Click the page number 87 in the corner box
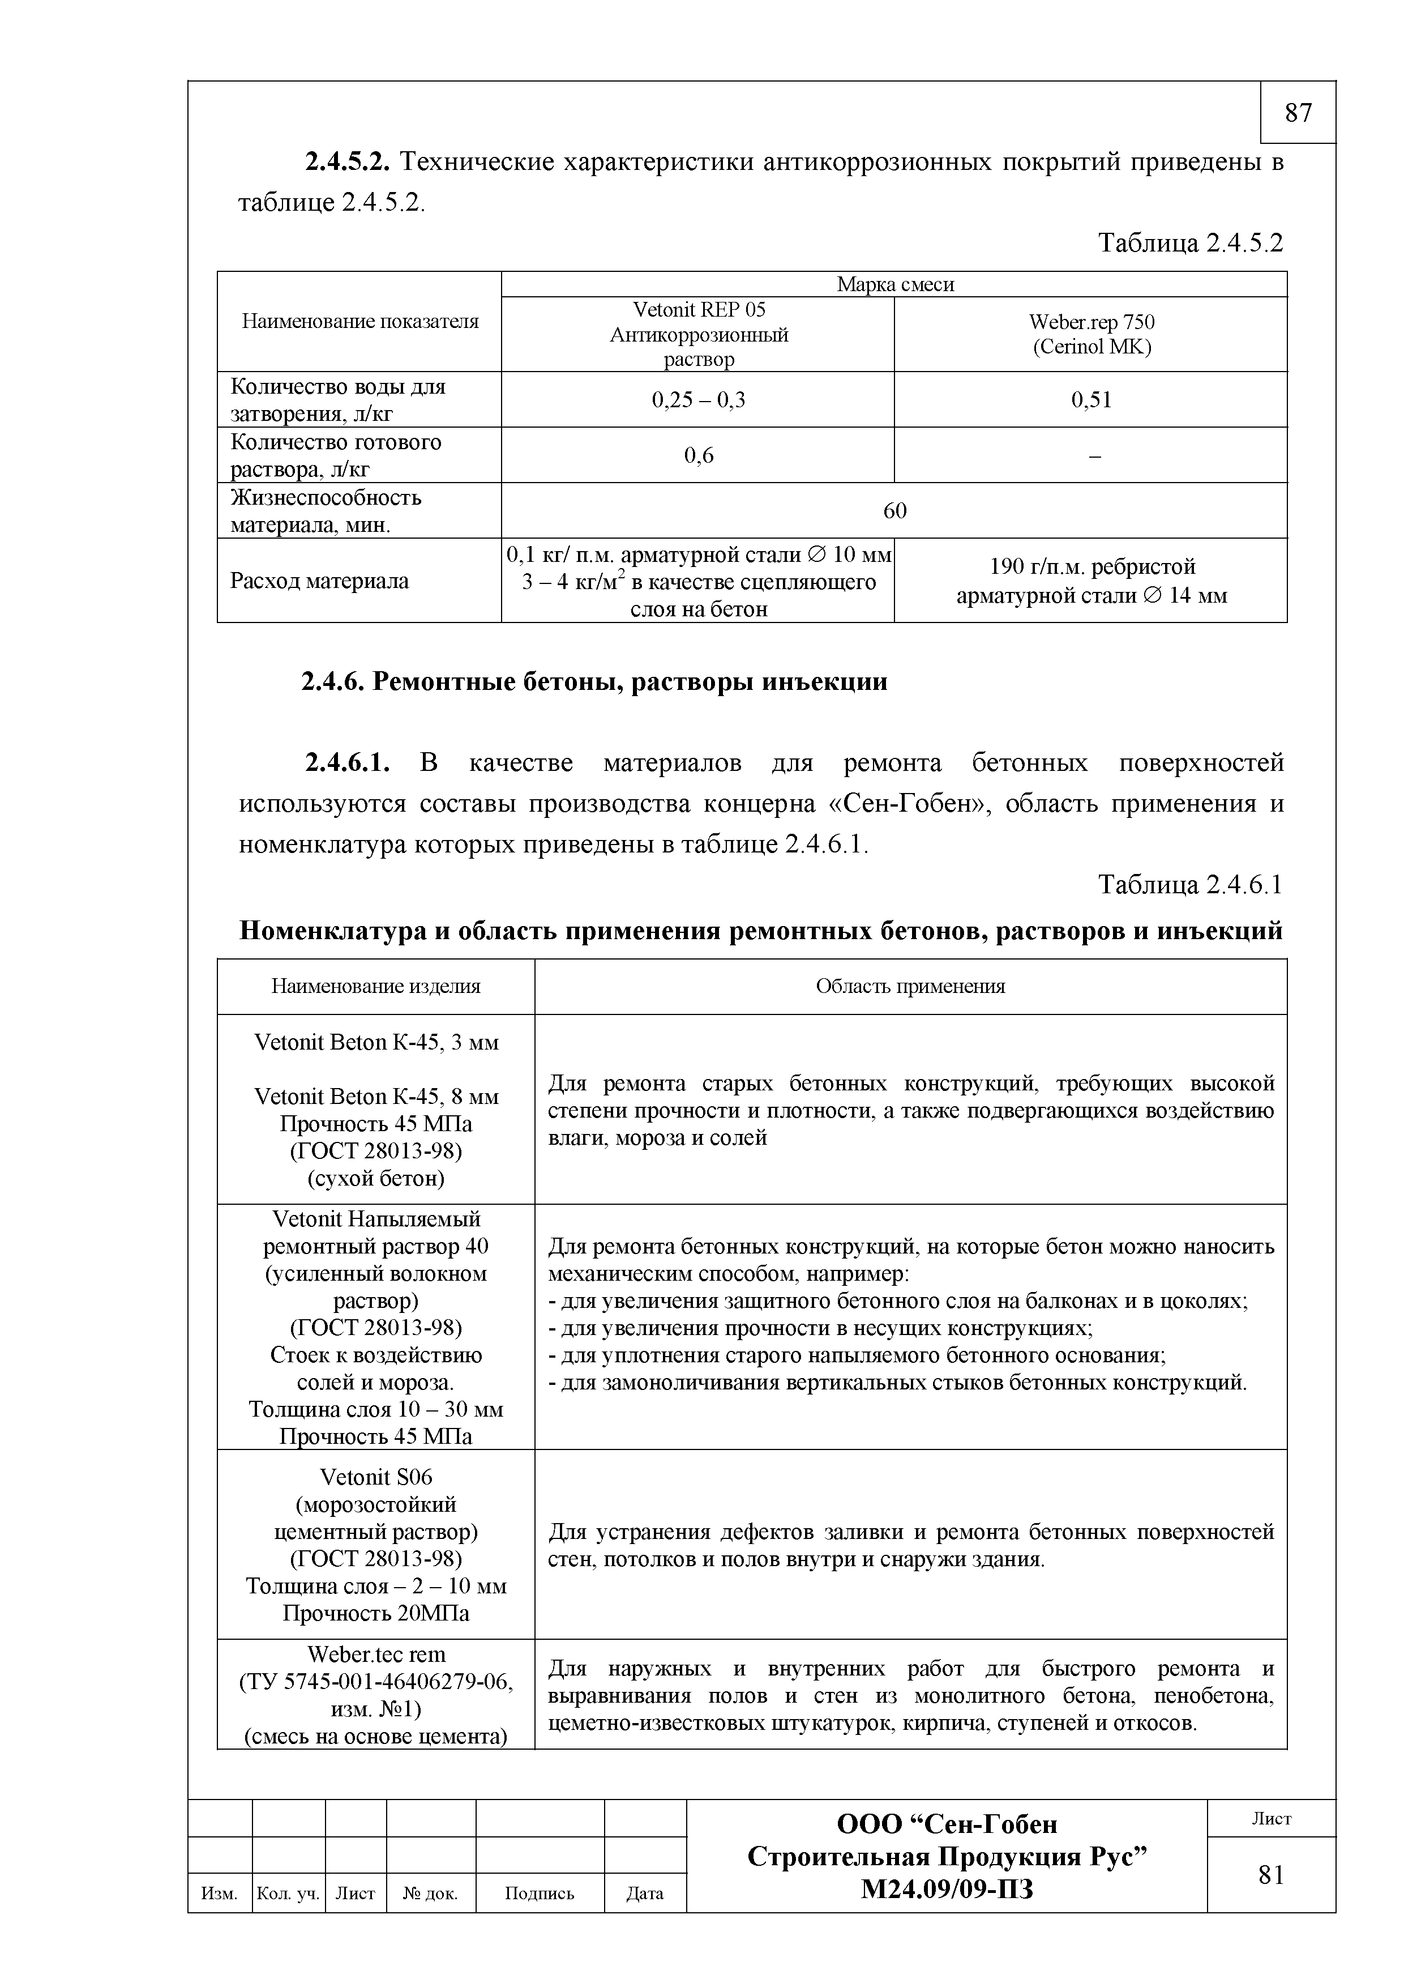[1298, 113]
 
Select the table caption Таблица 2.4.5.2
[1191, 243]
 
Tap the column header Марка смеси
[894, 285]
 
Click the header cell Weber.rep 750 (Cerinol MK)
[1091, 334]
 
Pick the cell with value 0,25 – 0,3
[698, 400]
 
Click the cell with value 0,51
[1091, 400]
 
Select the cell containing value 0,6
[698, 455]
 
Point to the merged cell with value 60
[894, 510]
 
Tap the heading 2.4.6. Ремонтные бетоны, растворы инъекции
[594, 682]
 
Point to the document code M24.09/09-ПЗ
[947, 1889]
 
